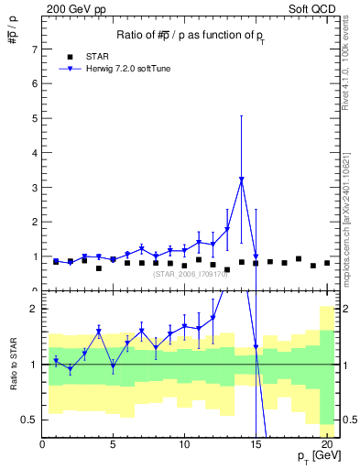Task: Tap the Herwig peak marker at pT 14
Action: point(241,180)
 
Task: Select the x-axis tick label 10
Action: point(184,446)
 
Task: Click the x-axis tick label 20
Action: point(326,446)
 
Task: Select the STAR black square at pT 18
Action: point(299,259)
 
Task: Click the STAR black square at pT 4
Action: point(99,268)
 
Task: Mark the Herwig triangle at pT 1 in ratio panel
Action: point(56,361)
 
